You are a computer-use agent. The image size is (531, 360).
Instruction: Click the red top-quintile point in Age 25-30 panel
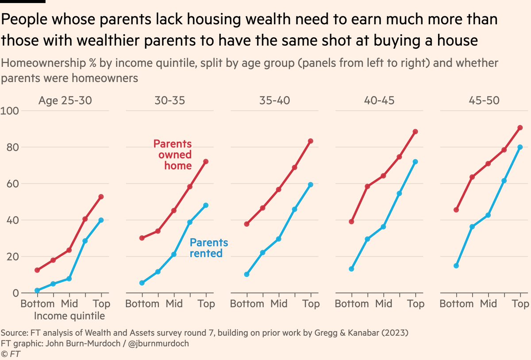pos(101,197)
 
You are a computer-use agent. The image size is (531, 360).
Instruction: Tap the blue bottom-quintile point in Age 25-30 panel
pos(37,290)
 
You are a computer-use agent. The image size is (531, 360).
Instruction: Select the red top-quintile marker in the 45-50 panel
pos(520,128)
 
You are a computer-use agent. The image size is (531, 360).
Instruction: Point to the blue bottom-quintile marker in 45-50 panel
pos(456,266)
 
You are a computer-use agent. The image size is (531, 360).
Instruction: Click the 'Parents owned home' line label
pos(172,155)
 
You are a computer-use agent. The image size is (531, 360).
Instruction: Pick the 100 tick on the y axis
pos(10,111)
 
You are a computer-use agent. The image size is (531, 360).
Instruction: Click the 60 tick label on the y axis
pos(10,184)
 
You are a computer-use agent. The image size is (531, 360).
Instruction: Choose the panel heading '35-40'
pos(274,101)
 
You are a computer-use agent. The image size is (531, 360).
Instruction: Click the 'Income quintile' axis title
pos(69,316)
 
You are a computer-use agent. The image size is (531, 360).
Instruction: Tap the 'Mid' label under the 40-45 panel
pos(383,304)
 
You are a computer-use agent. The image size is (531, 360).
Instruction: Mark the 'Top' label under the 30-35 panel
pos(206,304)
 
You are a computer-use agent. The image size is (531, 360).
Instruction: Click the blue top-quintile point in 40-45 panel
pos(415,162)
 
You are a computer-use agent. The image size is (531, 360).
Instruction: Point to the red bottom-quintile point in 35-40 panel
pos(247,224)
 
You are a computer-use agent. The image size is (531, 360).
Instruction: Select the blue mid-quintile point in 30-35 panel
pos(174,255)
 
